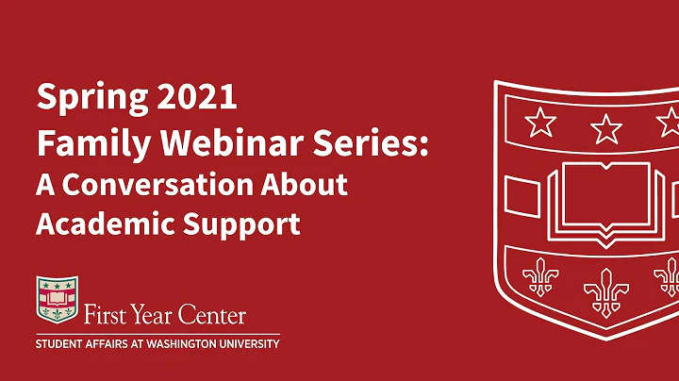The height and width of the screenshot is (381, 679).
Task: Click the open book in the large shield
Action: (x=600, y=197)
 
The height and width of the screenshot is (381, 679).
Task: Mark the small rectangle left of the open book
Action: (x=522, y=196)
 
